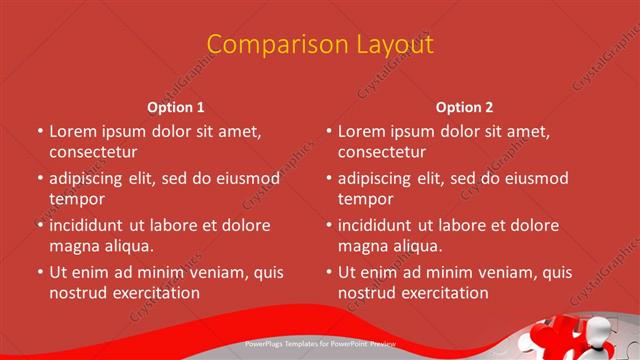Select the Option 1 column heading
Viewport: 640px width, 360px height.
tap(176, 107)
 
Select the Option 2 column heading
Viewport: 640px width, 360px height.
tap(465, 107)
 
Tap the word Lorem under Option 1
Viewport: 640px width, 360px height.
tap(73, 131)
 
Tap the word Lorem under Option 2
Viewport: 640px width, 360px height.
tap(362, 131)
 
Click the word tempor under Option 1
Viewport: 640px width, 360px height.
tap(77, 199)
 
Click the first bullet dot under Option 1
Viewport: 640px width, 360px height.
tap(40, 131)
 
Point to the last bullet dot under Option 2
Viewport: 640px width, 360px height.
tap(329, 272)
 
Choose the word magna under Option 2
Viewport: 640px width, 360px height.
tap(361, 246)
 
